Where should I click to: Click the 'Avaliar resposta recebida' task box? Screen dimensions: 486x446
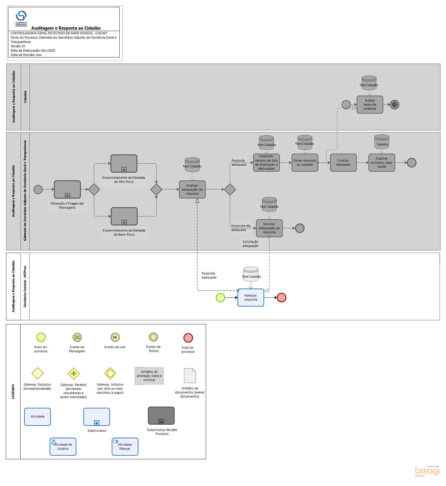(x=369, y=104)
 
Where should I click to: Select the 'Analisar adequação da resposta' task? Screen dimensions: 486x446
(x=192, y=189)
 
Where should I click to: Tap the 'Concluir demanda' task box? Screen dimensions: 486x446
(x=343, y=162)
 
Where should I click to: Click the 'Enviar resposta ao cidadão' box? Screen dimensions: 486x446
(x=305, y=162)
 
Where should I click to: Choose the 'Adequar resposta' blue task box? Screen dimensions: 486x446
(x=251, y=297)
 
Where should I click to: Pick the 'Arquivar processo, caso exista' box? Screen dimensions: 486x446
(x=381, y=162)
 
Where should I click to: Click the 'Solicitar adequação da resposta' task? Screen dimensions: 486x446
(x=269, y=228)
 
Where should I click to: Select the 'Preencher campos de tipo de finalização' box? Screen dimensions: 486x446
(x=266, y=162)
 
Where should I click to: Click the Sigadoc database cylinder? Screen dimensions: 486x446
(x=382, y=142)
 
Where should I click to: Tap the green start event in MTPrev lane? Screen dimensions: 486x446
(x=220, y=297)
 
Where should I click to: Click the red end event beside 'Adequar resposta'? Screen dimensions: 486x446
(x=281, y=297)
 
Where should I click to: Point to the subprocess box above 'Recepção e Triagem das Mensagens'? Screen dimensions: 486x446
(x=67, y=189)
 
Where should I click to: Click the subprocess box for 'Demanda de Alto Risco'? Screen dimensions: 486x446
(x=124, y=163)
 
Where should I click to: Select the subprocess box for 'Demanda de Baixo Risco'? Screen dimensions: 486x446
(x=124, y=216)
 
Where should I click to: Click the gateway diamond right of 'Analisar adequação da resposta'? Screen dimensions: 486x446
(x=230, y=189)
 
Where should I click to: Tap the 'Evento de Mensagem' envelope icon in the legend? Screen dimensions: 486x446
(x=77, y=337)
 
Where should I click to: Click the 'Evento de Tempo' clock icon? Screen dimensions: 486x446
(x=153, y=337)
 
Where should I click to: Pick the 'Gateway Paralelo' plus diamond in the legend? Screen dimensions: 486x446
(x=74, y=373)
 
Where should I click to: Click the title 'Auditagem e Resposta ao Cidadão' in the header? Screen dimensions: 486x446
(x=66, y=28)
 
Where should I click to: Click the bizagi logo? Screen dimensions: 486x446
(x=427, y=471)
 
